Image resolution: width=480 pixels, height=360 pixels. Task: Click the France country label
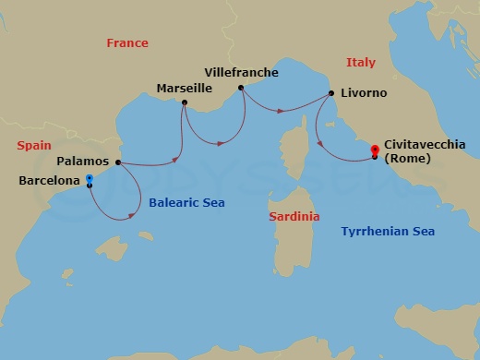coord(127,43)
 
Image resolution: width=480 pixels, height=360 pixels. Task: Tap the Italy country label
coord(360,62)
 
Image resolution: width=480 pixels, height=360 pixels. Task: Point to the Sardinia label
coord(294,216)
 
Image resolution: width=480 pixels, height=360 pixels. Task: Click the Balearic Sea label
coord(186,202)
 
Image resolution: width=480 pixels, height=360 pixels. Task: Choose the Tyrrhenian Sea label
coord(388,232)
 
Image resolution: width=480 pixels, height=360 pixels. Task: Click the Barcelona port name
coord(49,181)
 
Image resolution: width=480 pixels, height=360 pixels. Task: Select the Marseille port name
coord(184,89)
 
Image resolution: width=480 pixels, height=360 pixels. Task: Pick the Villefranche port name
coord(241,72)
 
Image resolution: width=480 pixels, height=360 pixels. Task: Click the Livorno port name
coord(364,93)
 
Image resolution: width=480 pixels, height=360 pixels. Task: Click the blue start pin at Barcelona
coord(89,179)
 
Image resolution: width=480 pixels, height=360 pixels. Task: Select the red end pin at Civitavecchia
coord(375,149)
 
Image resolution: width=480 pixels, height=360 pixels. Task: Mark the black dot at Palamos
coord(118,162)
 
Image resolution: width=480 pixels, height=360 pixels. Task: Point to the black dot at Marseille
coord(185,102)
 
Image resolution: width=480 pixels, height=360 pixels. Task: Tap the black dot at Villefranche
coord(241,88)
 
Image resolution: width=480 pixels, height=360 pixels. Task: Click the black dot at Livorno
coord(329,93)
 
